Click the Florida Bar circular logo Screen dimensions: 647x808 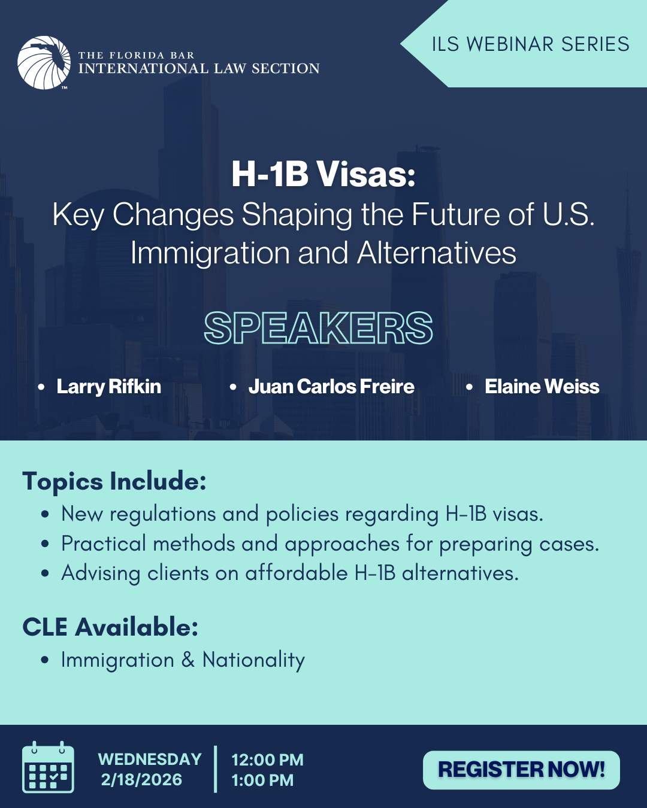(44, 63)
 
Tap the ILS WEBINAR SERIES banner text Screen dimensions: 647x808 (530, 44)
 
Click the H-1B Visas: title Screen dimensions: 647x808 (323, 174)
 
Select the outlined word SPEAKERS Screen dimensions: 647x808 (319, 328)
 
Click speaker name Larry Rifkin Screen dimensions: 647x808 (108, 387)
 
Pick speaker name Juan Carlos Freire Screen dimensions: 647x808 (331, 387)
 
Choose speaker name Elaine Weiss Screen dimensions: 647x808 (542, 387)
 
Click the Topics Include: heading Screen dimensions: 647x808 (114, 481)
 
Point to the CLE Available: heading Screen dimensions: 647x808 (110, 627)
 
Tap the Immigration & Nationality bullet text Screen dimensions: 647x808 (183, 660)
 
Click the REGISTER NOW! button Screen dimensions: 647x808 (521, 769)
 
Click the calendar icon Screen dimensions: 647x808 (48, 767)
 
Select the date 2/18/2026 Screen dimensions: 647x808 (141, 780)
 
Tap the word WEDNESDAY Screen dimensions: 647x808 (150, 759)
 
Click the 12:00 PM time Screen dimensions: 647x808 (267, 760)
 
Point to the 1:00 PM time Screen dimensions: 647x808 (262, 780)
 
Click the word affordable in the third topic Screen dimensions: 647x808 (297, 573)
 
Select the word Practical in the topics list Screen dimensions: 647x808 (104, 543)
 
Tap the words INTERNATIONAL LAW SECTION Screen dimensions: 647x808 (199, 68)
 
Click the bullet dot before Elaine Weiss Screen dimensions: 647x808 (469, 387)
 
